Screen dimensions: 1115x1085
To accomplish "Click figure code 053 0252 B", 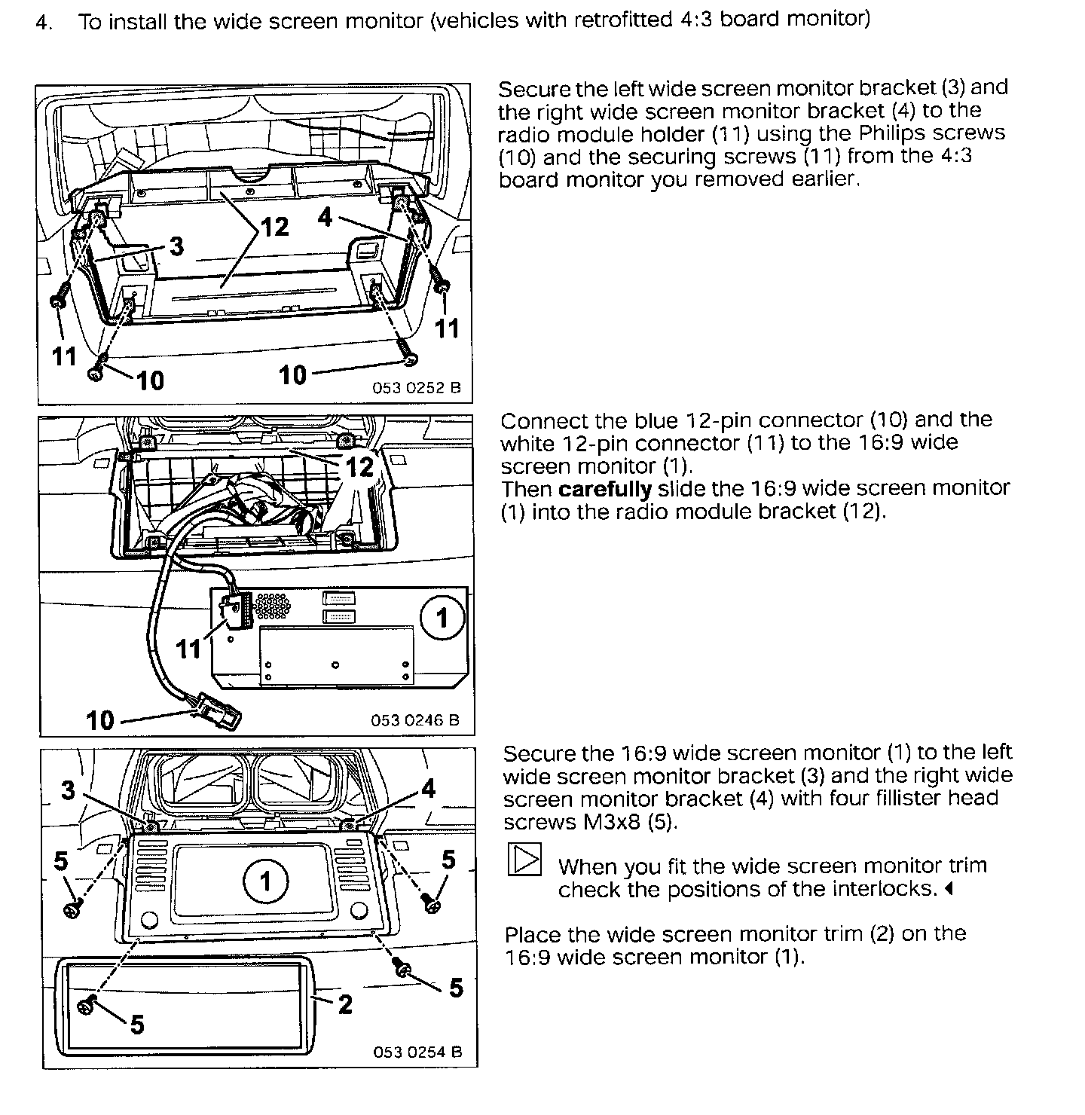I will (416, 389).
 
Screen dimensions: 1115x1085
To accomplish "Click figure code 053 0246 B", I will (414, 720).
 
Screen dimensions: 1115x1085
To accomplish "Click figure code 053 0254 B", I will (417, 1052).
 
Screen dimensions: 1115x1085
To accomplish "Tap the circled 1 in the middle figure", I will (442, 619).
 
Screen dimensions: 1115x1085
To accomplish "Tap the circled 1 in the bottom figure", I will (265, 881).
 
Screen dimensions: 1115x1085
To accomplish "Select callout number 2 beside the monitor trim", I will (345, 1003).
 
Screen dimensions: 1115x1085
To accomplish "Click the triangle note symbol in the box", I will (525, 859).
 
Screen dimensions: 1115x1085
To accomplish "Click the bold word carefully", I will (605, 489).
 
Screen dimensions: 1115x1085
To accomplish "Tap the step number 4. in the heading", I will (44, 21).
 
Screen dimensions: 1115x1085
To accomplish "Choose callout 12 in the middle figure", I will (359, 467).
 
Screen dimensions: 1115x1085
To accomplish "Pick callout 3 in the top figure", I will (176, 246).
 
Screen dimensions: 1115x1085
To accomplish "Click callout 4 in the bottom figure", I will (428, 788).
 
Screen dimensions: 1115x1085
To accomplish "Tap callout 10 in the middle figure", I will (100, 719).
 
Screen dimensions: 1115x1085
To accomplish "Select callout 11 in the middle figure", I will (189, 648).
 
